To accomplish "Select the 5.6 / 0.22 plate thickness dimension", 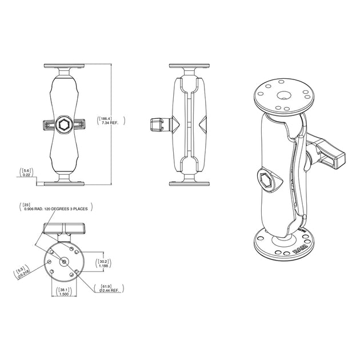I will click(26, 172).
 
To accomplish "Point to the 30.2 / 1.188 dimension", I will click(103, 262).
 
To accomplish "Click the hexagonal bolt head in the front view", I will click(63, 125).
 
